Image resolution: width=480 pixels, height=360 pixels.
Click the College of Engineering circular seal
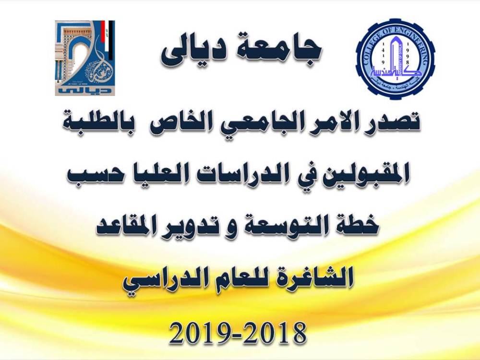click(395, 59)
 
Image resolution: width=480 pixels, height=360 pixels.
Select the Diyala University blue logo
click(85, 58)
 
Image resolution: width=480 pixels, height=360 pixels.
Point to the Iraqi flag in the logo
click(108, 39)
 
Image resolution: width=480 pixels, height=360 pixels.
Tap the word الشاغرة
click(316, 277)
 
